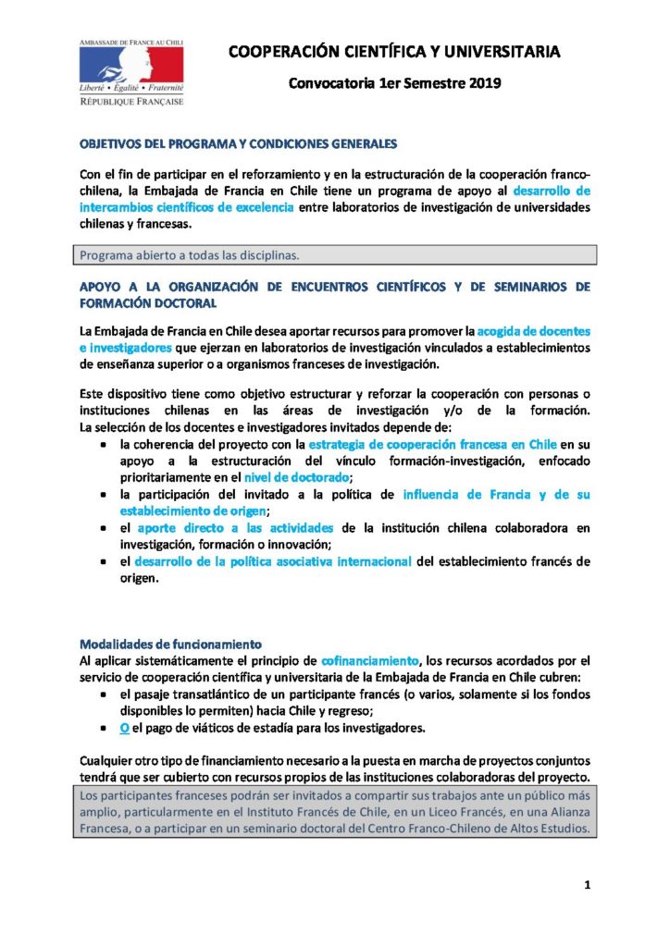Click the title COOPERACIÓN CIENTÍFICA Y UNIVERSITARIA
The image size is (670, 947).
(x=394, y=52)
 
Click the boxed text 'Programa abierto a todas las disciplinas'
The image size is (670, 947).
(x=201, y=254)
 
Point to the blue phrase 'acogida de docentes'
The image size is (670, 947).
(x=534, y=330)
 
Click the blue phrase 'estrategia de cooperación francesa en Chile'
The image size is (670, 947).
(x=442, y=445)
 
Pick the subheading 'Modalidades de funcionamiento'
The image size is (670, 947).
(x=171, y=644)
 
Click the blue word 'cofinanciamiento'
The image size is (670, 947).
(x=370, y=659)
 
